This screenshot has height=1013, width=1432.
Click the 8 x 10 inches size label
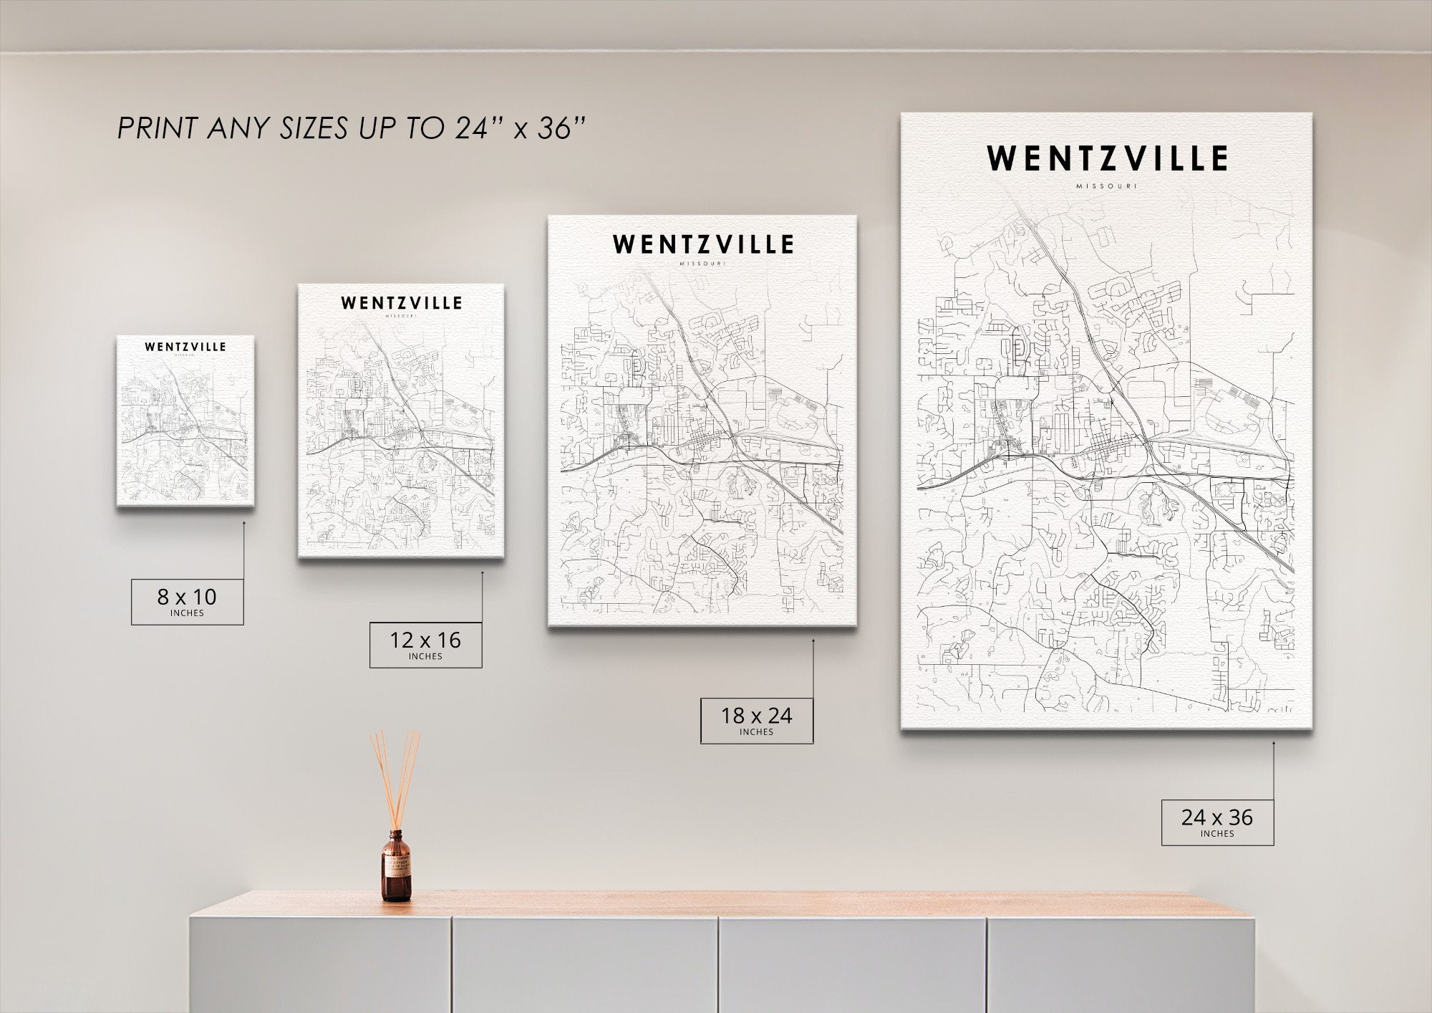click(x=187, y=601)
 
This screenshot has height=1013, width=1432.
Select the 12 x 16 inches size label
click(x=425, y=644)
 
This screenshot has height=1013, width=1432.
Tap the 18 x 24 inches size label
click(x=756, y=720)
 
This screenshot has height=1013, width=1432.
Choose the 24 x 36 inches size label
click(x=1217, y=822)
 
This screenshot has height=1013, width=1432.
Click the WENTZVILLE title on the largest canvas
click(x=1107, y=158)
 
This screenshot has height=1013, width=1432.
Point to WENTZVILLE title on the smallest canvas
click(x=185, y=347)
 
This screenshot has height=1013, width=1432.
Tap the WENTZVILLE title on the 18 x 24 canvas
click(x=703, y=244)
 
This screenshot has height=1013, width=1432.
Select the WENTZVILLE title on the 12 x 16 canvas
click(x=401, y=303)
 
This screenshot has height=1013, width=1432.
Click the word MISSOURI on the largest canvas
click(x=1106, y=186)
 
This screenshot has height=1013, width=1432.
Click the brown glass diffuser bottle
click(x=397, y=866)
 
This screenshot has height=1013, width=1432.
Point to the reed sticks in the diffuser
click(x=395, y=777)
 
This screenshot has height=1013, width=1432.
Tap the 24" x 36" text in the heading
click(x=521, y=129)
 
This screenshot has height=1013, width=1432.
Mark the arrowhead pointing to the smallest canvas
click(x=243, y=523)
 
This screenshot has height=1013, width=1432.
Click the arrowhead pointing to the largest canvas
click(x=1274, y=744)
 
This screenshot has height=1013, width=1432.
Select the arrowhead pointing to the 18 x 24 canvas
click(x=813, y=641)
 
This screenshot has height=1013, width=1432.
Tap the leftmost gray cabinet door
click(x=320, y=964)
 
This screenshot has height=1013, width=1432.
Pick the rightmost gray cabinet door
click(x=1121, y=964)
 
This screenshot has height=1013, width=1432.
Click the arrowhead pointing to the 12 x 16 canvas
click(x=482, y=572)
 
